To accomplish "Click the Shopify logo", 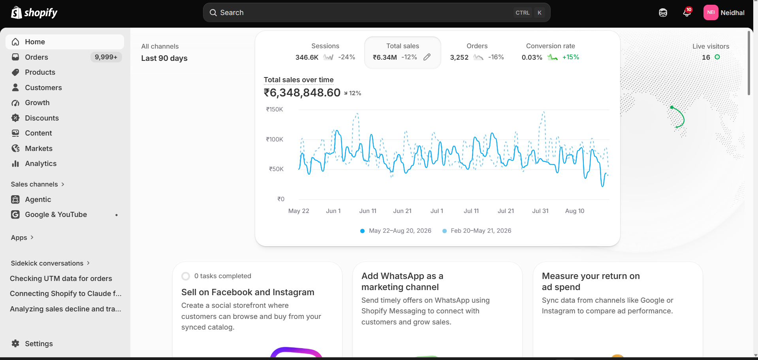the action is point(34,13).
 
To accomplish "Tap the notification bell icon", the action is point(687,13).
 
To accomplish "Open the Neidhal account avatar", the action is point(711,13).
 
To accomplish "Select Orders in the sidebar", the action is point(36,57).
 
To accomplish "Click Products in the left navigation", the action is point(40,72).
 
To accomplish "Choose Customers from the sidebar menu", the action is point(43,88).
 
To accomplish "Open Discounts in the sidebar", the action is point(42,118).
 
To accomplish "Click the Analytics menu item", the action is point(41,164).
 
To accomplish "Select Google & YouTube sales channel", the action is point(56,215).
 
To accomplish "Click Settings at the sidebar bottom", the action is point(39,344).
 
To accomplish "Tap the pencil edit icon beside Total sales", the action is point(427,57).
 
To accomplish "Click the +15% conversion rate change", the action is point(571,57).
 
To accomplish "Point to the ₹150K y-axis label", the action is point(275,109).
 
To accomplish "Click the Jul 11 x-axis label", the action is point(471,211).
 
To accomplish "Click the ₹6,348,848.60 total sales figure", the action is point(302,93).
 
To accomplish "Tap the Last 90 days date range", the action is point(164,58).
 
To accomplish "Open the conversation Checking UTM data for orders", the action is point(61,279).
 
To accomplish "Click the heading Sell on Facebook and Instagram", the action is point(248,292).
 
